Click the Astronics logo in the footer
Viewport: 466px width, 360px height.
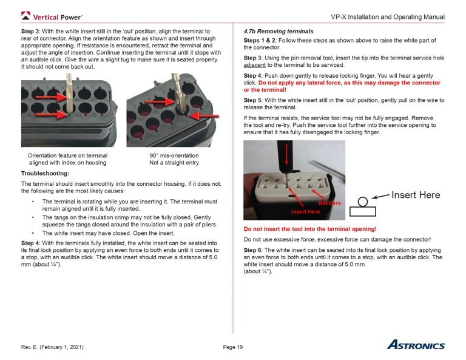416,345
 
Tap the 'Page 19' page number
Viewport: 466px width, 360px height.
232,347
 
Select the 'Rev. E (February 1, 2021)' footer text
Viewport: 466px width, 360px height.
52,347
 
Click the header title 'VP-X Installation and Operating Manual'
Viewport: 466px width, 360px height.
388,16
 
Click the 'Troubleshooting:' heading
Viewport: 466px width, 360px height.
45,174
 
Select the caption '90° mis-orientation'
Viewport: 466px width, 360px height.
174,155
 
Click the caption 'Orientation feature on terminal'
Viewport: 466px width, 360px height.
67,155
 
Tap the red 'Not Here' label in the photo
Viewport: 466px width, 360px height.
329,203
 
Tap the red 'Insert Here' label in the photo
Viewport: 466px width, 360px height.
305,211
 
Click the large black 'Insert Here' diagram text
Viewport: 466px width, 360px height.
416,195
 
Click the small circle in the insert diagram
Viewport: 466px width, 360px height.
363,201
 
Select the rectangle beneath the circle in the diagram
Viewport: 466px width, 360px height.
363,211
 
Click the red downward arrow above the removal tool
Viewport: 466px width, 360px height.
286,156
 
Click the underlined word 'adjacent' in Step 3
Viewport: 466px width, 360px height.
255,65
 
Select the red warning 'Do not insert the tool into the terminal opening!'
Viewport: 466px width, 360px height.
310,229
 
